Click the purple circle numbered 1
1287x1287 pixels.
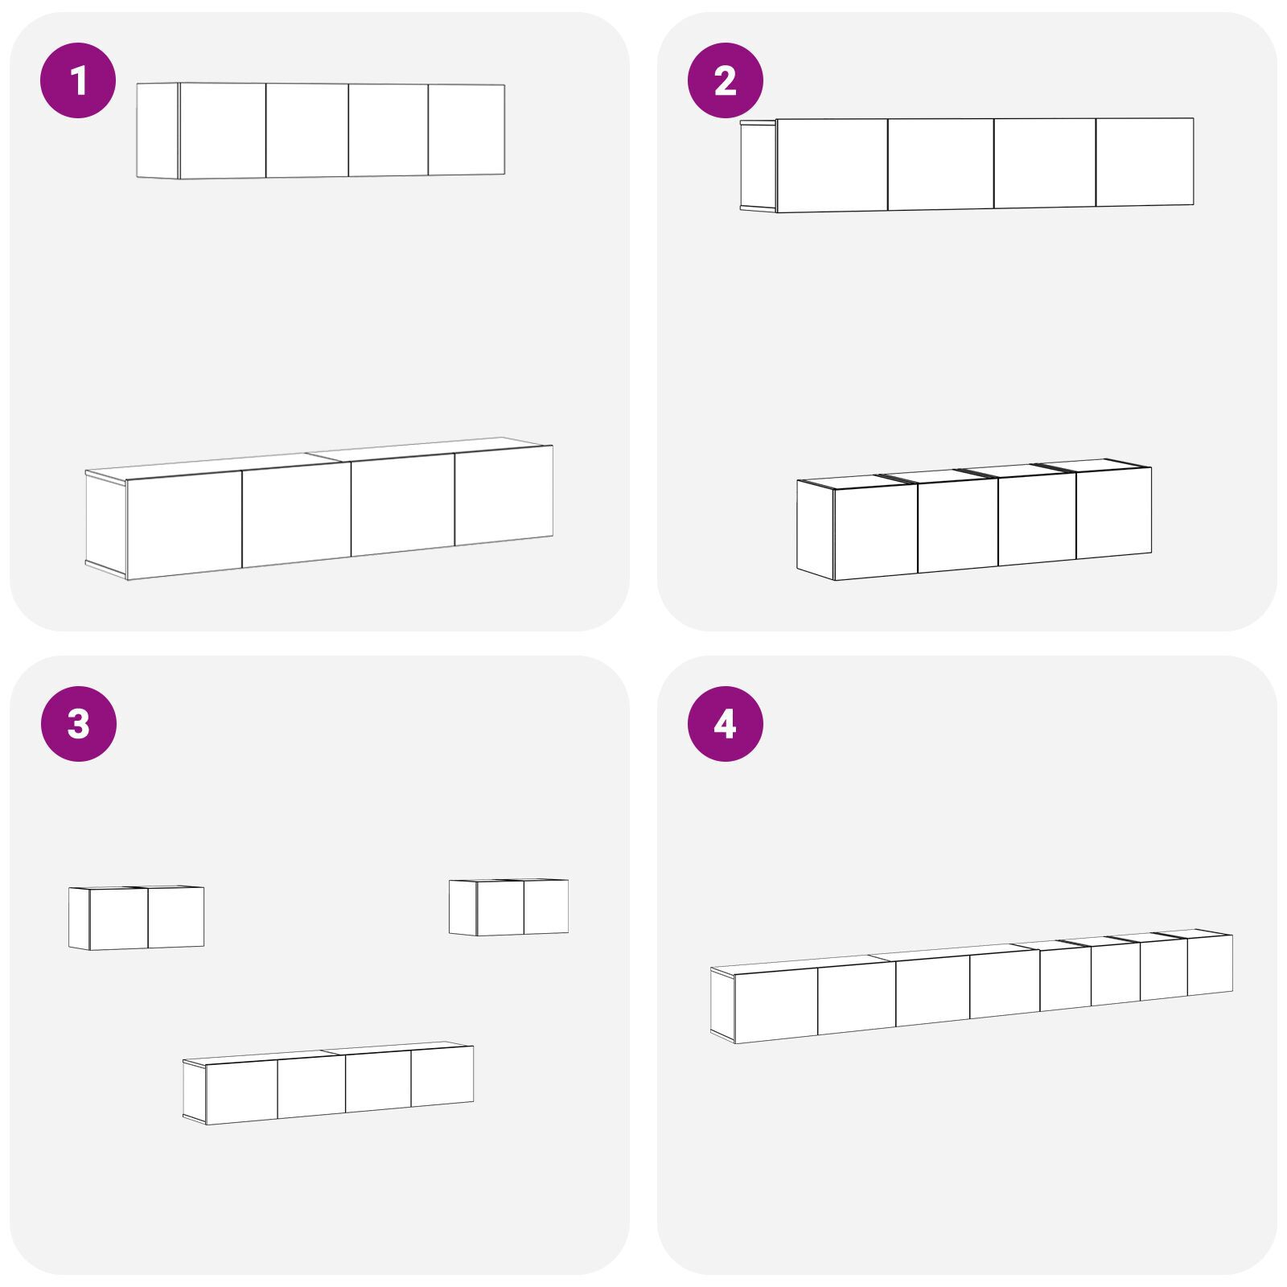pyautogui.click(x=79, y=80)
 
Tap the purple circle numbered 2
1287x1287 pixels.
pyautogui.click(x=726, y=80)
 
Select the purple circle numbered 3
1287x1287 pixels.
pyautogui.click(x=79, y=724)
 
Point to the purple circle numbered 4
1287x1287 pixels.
pyautogui.click(x=726, y=724)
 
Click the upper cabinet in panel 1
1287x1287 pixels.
pyautogui.click(x=321, y=130)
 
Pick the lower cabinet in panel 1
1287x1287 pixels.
pyautogui.click(x=319, y=508)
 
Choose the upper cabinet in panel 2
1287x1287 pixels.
pyautogui.click(x=967, y=165)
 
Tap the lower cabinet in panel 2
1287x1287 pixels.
pyautogui.click(x=974, y=520)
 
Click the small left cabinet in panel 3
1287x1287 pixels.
pyautogui.click(x=136, y=918)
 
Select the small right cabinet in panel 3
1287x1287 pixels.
pyautogui.click(x=508, y=907)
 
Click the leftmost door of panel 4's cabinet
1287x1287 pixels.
pyautogui.click(x=776, y=1005)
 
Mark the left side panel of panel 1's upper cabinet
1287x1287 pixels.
pyautogui.click(x=158, y=130)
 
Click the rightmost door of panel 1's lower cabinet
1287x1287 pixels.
pyautogui.click(x=504, y=495)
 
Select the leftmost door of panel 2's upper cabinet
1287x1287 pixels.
pyautogui.click(x=832, y=165)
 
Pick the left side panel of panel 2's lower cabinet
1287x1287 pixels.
pyautogui.click(x=816, y=529)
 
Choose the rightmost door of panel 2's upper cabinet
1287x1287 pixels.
pyautogui.click(x=1145, y=162)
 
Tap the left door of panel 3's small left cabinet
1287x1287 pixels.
pyautogui.click(x=119, y=919)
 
